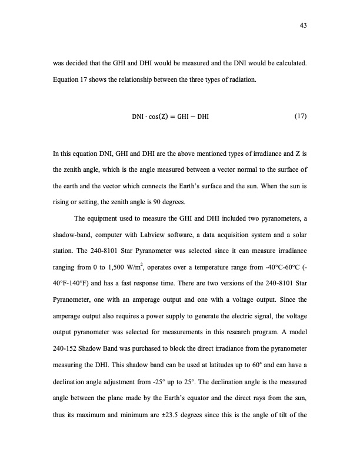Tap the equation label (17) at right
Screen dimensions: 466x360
pyautogui.click(x=300, y=116)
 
